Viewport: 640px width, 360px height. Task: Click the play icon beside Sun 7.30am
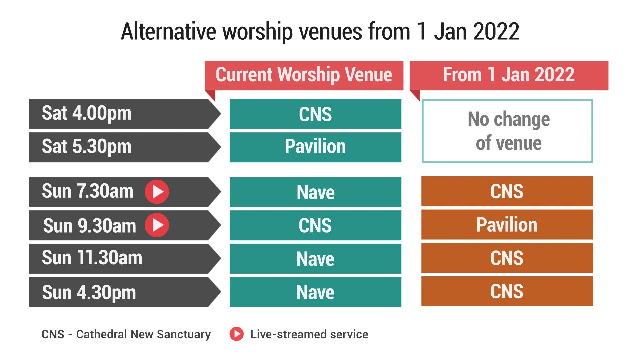157,192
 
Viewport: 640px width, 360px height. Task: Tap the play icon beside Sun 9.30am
157,225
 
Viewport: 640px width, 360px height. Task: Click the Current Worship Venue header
304,75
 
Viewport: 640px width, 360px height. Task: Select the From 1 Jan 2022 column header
509,75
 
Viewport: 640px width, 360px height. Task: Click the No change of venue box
507,131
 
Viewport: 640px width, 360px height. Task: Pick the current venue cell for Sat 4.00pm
315,114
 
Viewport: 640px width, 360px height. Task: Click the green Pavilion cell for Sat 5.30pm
315,147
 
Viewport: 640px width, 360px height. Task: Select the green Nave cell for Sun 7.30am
315,192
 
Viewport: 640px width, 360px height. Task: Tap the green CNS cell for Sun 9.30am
315,225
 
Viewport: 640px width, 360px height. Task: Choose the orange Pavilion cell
507,225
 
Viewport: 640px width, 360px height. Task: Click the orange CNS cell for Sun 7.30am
507,191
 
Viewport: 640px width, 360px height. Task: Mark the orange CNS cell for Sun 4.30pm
507,291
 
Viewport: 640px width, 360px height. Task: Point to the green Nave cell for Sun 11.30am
315,259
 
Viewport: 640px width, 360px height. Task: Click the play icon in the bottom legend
237,334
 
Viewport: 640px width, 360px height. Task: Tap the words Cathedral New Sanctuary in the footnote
143,334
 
